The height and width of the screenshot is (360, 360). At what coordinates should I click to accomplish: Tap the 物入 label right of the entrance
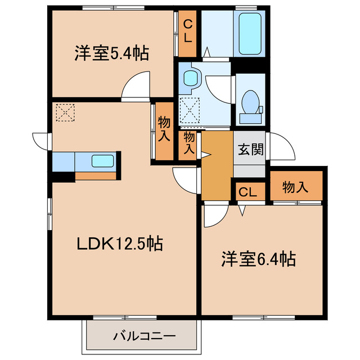click(x=295, y=187)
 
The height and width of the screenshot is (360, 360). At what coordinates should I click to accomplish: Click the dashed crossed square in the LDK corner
click(x=64, y=112)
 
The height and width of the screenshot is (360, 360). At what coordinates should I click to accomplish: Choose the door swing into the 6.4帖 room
click(x=214, y=216)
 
